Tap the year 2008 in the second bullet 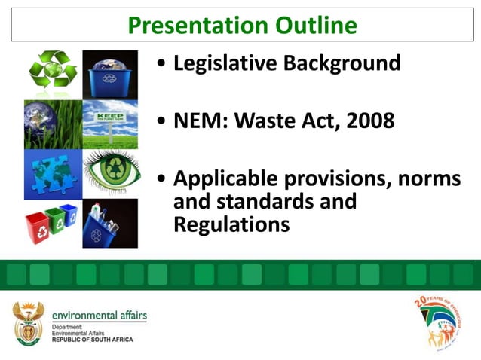coord(370,121)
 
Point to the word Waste coord(270,121)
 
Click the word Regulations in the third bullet coord(231,224)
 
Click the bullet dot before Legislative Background coord(162,64)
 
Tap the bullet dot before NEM coord(162,121)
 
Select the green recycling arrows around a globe coord(53,75)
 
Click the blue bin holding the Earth coord(110,75)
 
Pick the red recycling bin coord(35,227)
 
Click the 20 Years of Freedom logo coord(437,322)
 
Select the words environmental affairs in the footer coord(100,315)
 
